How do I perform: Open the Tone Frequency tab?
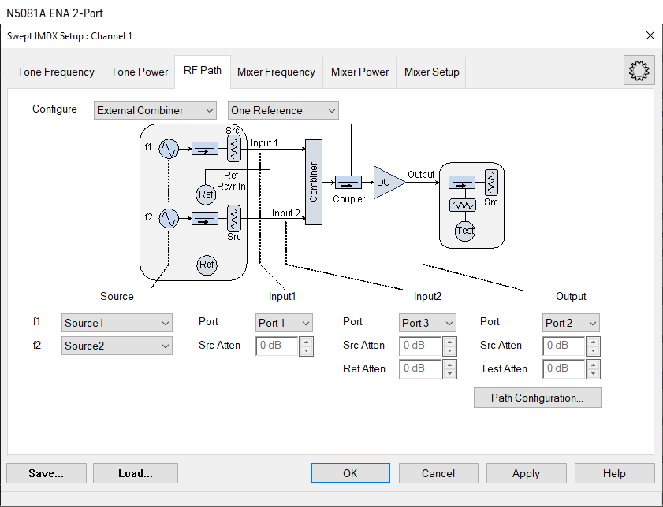pos(56,72)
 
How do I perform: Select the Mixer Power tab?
pos(359,72)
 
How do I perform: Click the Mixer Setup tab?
pos(431,72)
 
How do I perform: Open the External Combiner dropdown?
pos(155,111)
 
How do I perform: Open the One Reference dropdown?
pos(283,111)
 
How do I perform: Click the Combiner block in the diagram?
pos(313,182)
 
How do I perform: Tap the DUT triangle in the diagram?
pos(387,182)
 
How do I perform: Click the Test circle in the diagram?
pos(465,231)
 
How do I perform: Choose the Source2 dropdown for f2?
pos(117,346)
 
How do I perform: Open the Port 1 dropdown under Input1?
pos(284,323)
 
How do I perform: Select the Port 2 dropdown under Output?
pos(571,323)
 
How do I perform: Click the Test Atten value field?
pos(563,369)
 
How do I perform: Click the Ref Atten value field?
pos(419,369)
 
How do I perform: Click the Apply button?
pos(526,473)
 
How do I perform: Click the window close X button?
pos(650,35)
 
